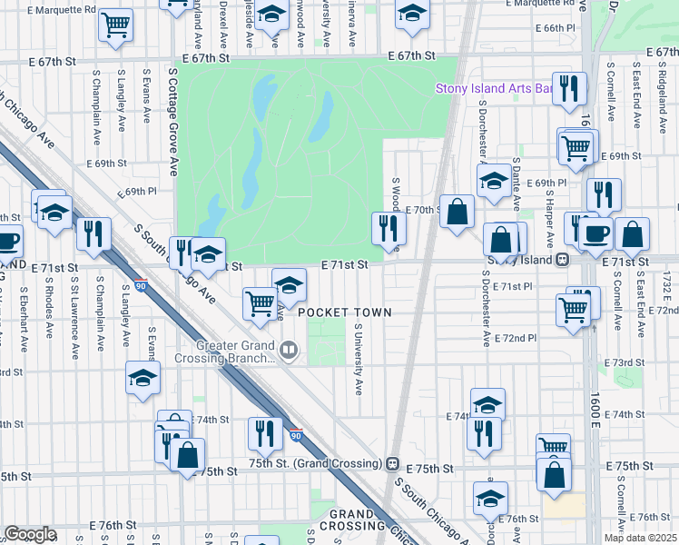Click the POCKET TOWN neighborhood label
click(345, 312)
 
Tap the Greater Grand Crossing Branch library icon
click(289, 350)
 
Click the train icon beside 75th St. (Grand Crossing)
click(393, 463)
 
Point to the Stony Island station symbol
click(563, 259)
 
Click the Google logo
click(30, 534)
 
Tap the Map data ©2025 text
click(640, 538)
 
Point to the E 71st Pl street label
click(514, 286)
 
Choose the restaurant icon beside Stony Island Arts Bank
click(569, 89)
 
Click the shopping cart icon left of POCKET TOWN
click(260, 303)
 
